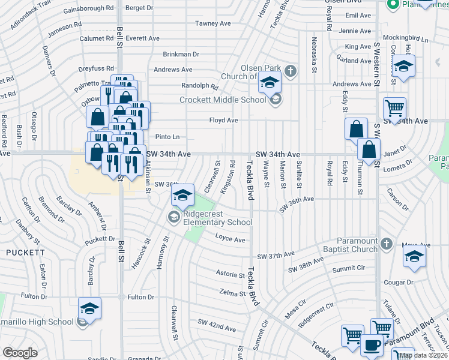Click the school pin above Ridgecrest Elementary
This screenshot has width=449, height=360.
(x=182, y=195)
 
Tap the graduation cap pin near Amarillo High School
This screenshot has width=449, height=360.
(x=90, y=308)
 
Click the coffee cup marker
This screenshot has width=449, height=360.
(x=372, y=346)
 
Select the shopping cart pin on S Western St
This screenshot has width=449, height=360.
(x=394, y=109)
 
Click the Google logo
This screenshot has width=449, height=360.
(x=19, y=352)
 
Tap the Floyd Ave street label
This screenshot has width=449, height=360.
(x=223, y=120)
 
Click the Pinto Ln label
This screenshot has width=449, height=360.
(x=167, y=137)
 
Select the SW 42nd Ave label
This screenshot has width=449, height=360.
(x=218, y=328)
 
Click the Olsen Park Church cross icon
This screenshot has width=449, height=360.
(x=291, y=71)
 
